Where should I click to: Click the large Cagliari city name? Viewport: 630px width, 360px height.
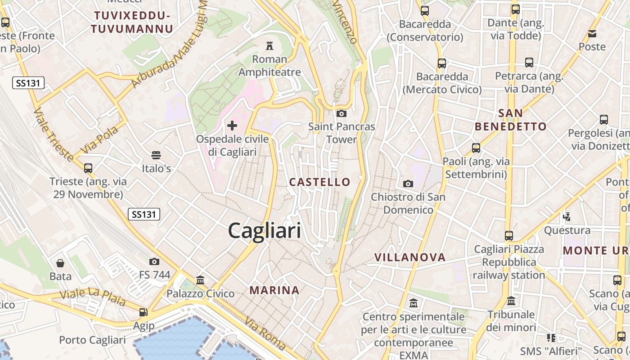tap(265, 231)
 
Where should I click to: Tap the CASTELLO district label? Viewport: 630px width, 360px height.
tap(319, 182)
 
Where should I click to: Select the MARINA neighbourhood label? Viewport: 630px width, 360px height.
tap(274, 290)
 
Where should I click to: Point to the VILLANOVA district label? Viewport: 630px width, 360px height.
tap(410, 257)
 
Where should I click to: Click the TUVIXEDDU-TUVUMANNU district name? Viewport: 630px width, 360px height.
tap(132, 22)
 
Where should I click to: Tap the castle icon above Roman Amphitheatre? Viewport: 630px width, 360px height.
tap(270, 45)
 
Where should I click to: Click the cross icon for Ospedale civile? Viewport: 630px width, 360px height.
tap(232, 125)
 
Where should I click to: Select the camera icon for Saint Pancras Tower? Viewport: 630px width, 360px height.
tap(342, 113)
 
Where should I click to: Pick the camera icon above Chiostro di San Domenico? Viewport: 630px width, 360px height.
tap(408, 184)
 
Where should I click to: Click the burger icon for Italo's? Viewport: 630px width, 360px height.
tap(156, 155)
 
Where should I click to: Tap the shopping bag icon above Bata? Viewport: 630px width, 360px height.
tap(60, 263)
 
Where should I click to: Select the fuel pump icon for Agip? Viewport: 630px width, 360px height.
tap(143, 312)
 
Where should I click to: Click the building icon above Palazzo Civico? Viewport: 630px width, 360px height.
tap(200, 280)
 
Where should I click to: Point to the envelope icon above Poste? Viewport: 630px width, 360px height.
tap(592, 33)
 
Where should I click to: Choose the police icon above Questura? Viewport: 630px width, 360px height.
tap(567, 216)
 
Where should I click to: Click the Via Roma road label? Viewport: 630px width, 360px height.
tap(265, 333)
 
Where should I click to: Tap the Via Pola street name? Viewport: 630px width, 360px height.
tap(99, 139)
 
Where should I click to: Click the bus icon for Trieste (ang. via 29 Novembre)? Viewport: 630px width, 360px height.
tap(88, 168)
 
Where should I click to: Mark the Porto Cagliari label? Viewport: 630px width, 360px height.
tap(93, 340)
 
